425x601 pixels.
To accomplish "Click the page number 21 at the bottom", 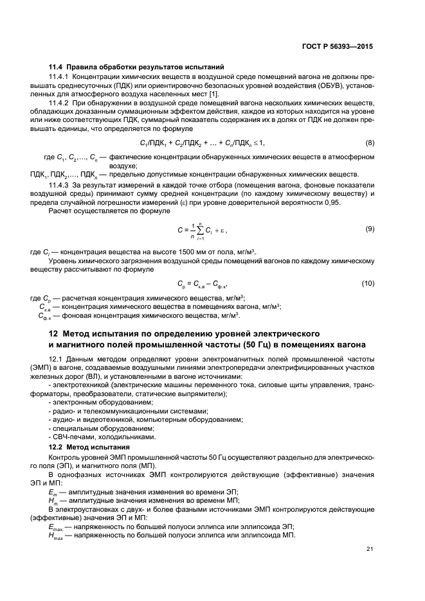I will tap(369, 548).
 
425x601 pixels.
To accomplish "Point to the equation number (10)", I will tap(368, 283).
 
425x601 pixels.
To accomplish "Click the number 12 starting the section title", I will tap(55, 334).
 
